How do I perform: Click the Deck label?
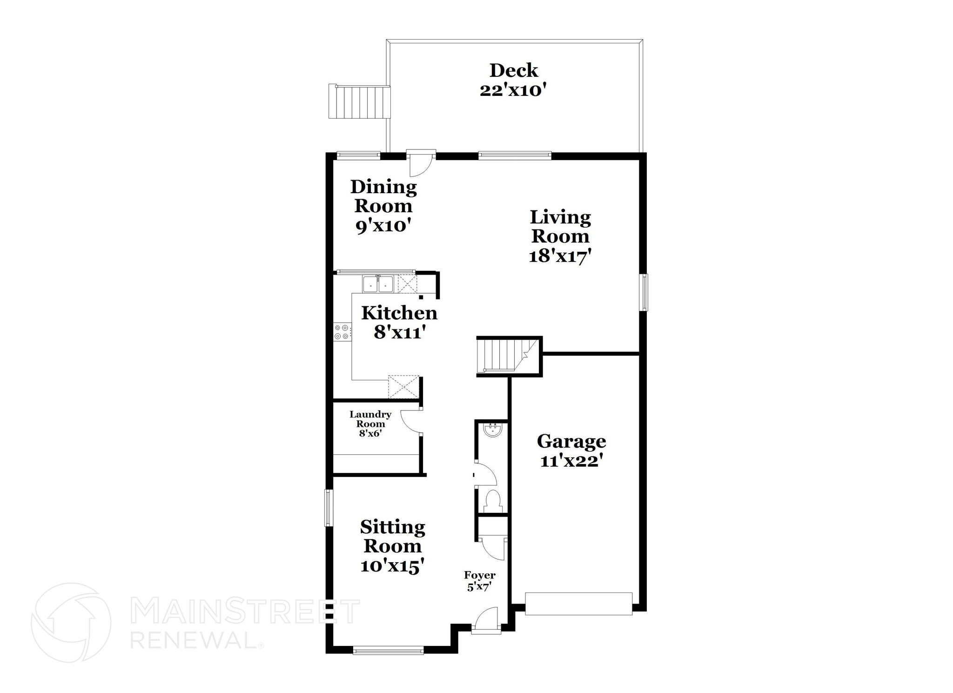pos(513,70)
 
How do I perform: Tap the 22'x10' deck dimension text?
pos(512,90)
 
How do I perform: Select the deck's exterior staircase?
pos(359,101)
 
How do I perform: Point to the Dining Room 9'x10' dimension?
pos(383,226)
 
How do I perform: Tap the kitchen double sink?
pos(378,284)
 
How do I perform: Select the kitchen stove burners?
pos(342,332)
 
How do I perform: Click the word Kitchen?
pos(399,313)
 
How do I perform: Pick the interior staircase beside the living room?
pos(505,356)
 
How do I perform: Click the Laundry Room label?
pos(370,419)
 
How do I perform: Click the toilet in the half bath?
pos(492,501)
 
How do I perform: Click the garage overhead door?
pos(578,604)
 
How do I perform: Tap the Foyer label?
pos(480,576)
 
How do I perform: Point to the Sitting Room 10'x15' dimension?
pos(392,566)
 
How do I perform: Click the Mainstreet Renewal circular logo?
pos(71,622)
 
